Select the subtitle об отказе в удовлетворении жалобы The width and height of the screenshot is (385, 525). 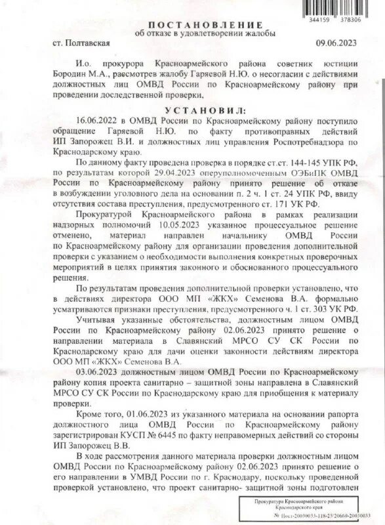(x=193, y=33)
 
